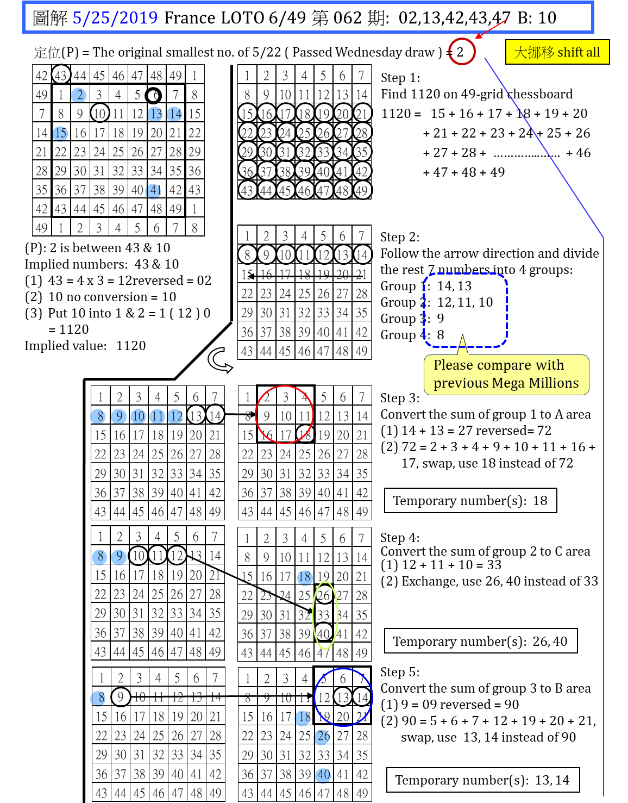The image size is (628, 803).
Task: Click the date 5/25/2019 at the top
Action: (x=115, y=18)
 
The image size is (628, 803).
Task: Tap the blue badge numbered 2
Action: (x=79, y=95)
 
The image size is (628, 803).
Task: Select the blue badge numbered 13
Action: (x=155, y=114)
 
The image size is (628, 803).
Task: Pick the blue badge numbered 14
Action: (x=174, y=114)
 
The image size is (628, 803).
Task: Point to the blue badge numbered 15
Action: (x=60, y=133)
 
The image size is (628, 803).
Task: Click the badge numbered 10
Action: (x=138, y=416)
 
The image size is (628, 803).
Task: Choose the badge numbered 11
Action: (x=157, y=416)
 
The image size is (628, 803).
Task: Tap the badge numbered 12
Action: (x=175, y=416)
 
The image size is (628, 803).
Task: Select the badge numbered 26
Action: (x=322, y=737)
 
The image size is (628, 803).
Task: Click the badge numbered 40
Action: (x=323, y=775)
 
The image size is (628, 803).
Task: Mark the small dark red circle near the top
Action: (x=462, y=52)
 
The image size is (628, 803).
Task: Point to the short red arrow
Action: (x=491, y=29)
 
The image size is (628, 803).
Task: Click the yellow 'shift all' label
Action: (x=557, y=52)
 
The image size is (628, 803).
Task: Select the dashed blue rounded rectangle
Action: (x=466, y=310)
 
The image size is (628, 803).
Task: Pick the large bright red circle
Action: (x=284, y=415)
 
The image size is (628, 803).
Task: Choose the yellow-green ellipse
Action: (x=325, y=615)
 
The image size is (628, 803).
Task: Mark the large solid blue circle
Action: (x=343, y=697)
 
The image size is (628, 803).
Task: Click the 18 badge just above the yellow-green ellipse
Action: (x=305, y=577)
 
